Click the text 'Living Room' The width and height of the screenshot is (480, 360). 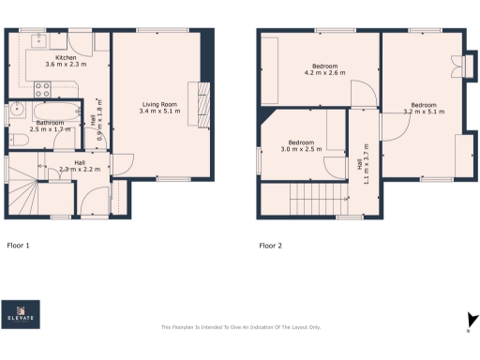click(159, 103)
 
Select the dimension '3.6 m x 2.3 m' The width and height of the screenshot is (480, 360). click(66, 66)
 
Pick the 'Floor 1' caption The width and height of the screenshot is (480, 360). click(19, 246)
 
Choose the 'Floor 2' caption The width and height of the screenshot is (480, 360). click(271, 246)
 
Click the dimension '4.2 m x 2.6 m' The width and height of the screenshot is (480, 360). click(324, 74)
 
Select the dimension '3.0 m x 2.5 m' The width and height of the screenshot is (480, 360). click(300, 149)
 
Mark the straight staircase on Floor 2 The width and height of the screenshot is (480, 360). click(308, 200)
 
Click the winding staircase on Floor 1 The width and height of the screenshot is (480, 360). click(24, 197)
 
